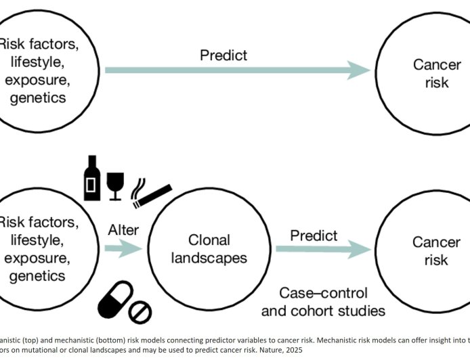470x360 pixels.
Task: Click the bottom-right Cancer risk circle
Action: (427, 250)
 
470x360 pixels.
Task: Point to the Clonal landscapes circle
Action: (209, 250)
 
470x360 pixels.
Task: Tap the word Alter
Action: (123, 230)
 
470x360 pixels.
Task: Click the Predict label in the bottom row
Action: (314, 235)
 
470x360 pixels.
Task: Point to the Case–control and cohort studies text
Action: (333, 302)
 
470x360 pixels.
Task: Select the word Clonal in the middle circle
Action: (209, 240)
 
